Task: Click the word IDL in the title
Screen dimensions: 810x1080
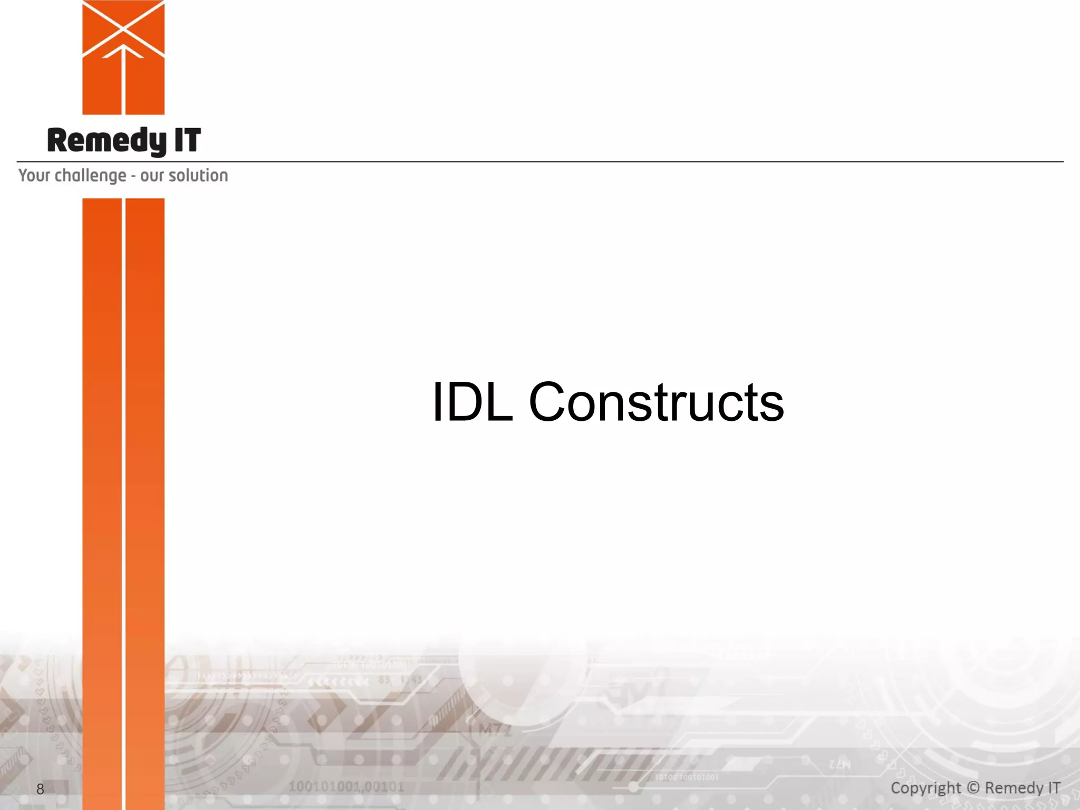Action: click(x=472, y=402)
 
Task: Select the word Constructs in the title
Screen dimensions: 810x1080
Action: click(x=656, y=402)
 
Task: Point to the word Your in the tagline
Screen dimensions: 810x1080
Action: click(x=34, y=176)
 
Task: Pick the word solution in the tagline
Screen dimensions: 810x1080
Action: click(x=198, y=176)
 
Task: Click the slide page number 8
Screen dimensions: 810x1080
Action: click(x=40, y=789)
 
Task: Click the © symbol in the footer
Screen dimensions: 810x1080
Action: click(x=973, y=788)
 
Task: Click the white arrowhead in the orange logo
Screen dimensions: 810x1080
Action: click(x=123, y=51)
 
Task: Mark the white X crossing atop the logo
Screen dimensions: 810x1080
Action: click(x=123, y=26)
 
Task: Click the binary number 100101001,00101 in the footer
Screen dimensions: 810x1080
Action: click(x=346, y=787)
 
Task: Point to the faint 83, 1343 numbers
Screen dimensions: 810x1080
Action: click(x=400, y=680)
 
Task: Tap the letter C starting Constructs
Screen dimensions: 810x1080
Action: click(x=548, y=402)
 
